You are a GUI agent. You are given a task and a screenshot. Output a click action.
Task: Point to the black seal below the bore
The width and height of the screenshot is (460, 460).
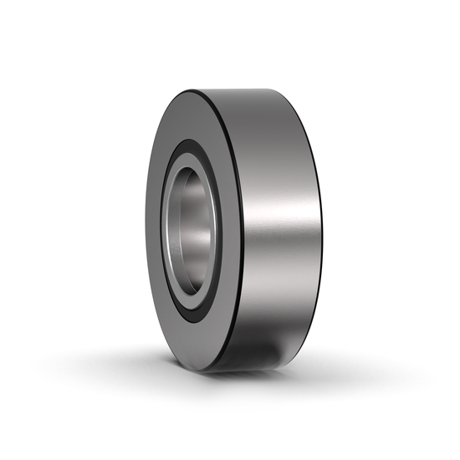[194, 310]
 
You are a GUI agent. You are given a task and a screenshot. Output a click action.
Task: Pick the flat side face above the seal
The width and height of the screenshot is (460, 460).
[197, 117]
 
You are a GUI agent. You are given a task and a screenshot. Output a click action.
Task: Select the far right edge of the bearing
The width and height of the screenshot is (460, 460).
[320, 226]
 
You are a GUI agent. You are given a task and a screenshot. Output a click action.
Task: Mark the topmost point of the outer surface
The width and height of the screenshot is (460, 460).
[251, 87]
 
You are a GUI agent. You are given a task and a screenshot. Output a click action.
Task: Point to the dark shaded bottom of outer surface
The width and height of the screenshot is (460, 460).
[268, 351]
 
